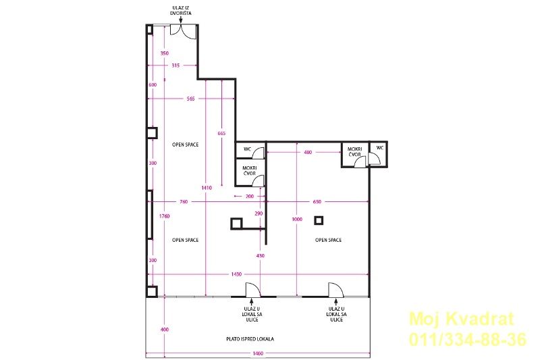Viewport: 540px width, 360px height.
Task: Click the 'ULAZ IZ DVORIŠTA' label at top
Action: click(x=181, y=10)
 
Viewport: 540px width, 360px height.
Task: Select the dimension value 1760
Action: click(x=165, y=216)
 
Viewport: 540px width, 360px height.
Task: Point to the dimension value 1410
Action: click(x=207, y=188)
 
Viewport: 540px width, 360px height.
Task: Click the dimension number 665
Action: click(x=222, y=133)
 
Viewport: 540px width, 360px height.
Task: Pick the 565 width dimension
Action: click(x=190, y=99)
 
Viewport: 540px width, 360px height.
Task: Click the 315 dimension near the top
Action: click(x=175, y=65)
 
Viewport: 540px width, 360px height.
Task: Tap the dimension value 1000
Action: click(x=297, y=219)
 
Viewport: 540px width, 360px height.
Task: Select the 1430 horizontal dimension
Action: click(x=236, y=274)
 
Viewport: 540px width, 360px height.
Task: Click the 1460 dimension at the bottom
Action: click(x=258, y=353)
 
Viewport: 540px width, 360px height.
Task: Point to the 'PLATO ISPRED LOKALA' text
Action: click(x=250, y=339)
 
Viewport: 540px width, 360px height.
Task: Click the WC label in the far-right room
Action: click(x=380, y=148)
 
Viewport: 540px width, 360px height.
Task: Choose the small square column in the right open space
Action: click(x=319, y=220)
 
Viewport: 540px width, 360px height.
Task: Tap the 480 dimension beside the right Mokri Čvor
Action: click(x=308, y=152)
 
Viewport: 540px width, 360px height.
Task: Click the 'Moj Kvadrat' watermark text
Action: click(x=461, y=319)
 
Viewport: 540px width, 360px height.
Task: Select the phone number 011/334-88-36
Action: click(x=468, y=339)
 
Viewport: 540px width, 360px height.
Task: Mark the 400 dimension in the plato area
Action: click(x=165, y=330)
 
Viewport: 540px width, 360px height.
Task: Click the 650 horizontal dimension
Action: click(x=317, y=201)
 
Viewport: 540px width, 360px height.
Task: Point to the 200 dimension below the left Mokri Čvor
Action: click(x=250, y=197)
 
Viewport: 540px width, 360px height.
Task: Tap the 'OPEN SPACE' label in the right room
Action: click(x=328, y=240)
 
